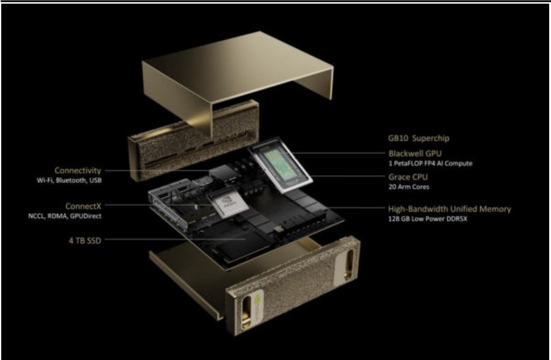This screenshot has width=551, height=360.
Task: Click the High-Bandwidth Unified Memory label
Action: pyautogui.click(x=450, y=209)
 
